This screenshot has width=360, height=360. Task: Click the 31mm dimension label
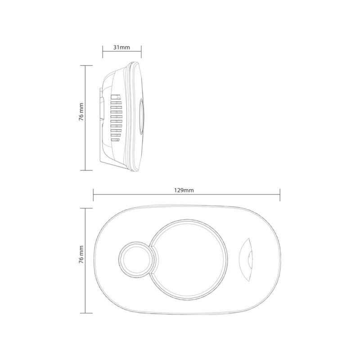[121, 47]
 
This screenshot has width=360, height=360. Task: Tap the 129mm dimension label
[184, 190]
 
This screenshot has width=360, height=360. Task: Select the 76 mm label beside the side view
[81, 112]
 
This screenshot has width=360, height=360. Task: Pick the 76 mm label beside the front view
[81, 254]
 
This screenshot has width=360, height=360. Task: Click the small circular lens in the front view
[136, 259]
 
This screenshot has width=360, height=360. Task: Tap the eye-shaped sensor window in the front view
[246, 259]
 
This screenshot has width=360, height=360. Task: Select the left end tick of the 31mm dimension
[103, 52]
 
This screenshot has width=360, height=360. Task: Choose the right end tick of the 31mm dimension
[141, 52]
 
